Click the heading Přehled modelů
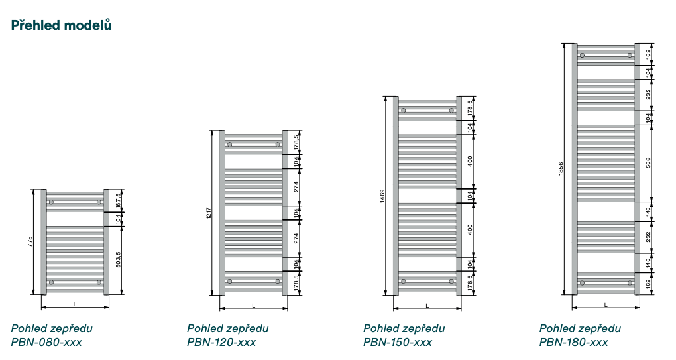(x=61, y=25)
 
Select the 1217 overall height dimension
(x=208, y=213)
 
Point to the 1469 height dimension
(x=382, y=196)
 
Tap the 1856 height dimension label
(x=561, y=169)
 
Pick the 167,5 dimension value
(x=118, y=201)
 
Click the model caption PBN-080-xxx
(x=46, y=343)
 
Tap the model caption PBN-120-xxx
(x=221, y=343)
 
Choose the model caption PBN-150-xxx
(x=398, y=343)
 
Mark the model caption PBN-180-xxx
(x=573, y=343)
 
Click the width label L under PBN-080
(x=75, y=304)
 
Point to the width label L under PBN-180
(x=606, y=304)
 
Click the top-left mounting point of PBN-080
(x=51, y=202)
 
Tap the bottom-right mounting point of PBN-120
(x=278, y=281)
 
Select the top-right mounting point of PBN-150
(x=451, y=110)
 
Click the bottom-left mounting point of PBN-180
(x=582, y=283)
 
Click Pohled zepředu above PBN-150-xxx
(x=404, y=328)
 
